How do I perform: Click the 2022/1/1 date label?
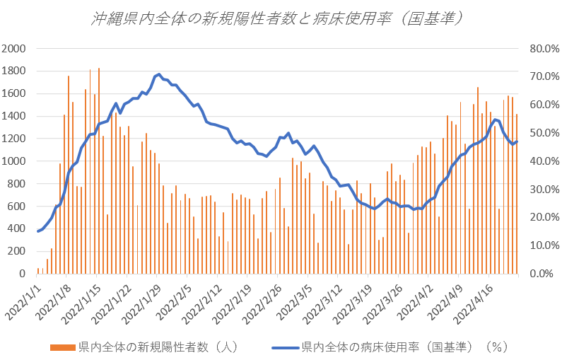click(24, 297)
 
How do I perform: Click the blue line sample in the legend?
click(284, 347)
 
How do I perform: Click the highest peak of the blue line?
click(159, 74)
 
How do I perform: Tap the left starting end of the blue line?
click(37, 231)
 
